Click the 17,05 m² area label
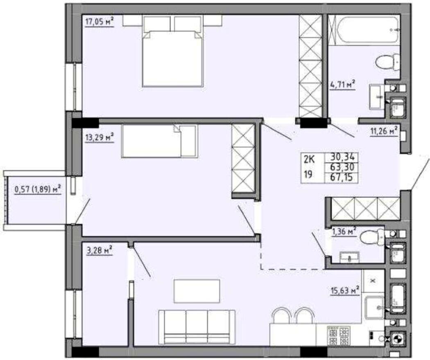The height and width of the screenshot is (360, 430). click(100, 21)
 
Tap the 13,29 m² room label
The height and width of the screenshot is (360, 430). click(100, 137)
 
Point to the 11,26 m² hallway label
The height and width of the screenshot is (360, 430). click(384, 131)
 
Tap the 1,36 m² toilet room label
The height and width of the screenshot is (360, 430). click(344, 232)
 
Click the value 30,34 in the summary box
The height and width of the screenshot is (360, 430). click(343, 157)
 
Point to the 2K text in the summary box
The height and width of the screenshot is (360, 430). click(309, 158)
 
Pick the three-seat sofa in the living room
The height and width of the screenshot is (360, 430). click(197, 327)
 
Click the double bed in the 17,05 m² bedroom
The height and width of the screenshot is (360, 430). click(173, 52)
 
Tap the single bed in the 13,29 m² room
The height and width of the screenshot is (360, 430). click(159, 141)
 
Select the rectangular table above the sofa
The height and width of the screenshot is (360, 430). click(197, 291)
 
